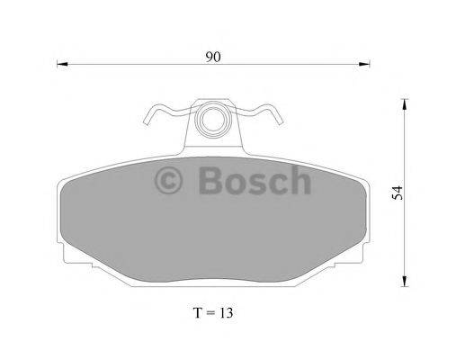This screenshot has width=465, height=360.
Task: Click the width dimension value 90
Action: tap(213, 56)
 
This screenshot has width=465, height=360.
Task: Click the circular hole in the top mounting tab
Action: tap(214, 118)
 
